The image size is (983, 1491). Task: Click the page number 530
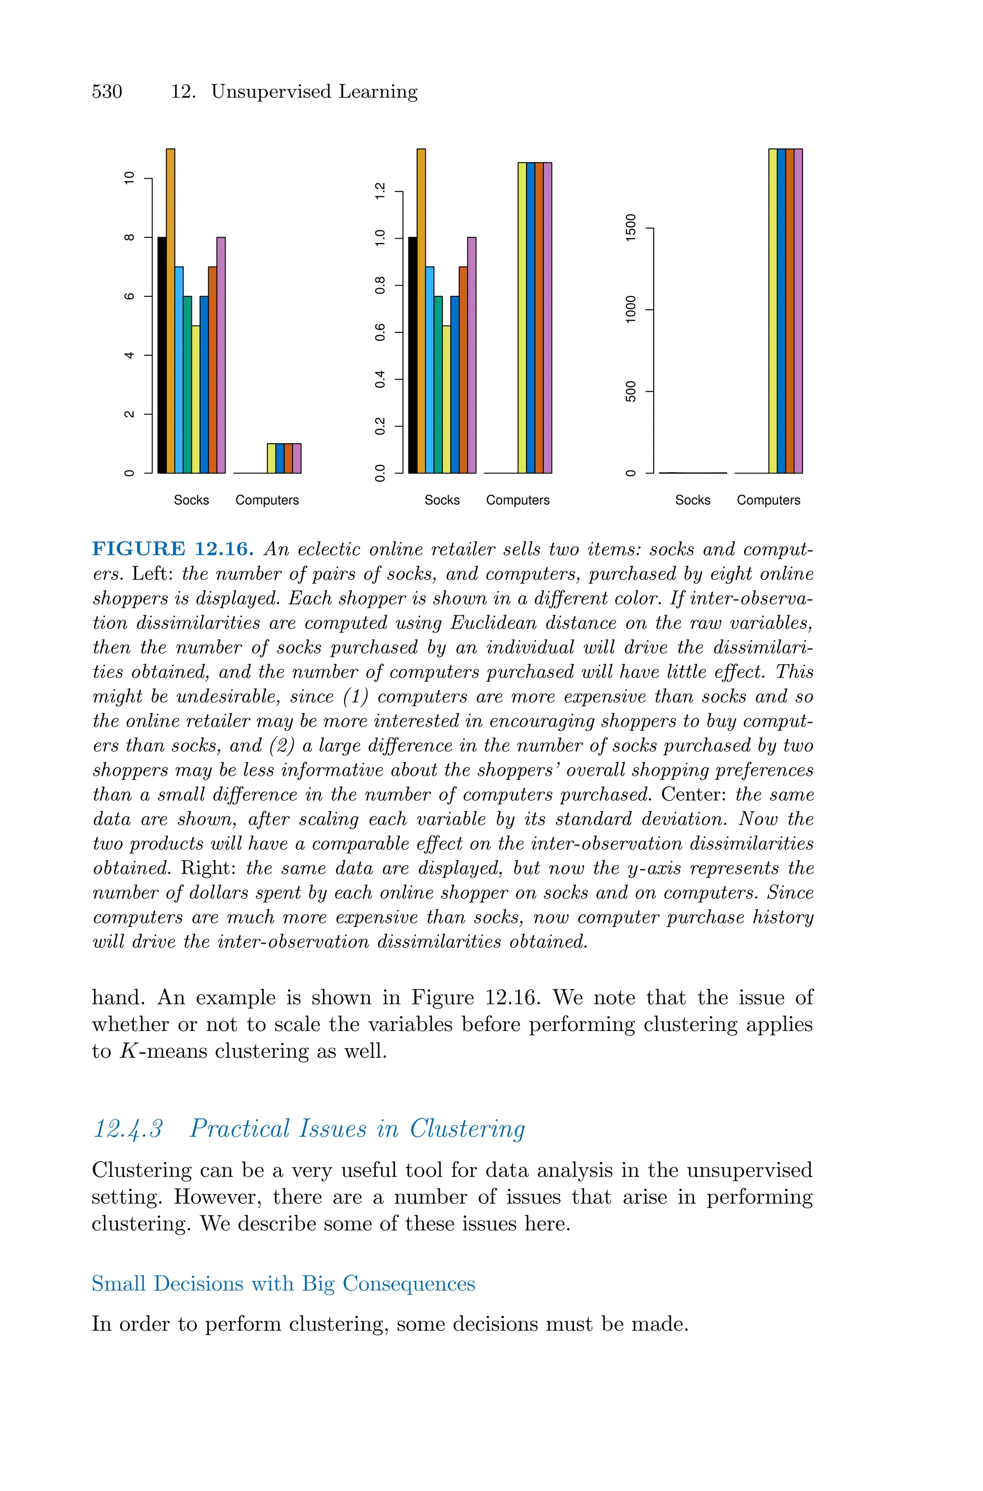point(107,92)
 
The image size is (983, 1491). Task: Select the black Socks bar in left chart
point(162,355)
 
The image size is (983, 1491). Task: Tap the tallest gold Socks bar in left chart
point(170,311)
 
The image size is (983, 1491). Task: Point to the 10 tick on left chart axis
point(130,178)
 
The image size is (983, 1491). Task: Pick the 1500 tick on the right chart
point(631,228)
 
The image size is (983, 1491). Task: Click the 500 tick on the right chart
point(631,391)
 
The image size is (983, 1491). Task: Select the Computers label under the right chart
point(768,500)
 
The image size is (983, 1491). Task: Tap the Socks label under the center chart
point(442,500)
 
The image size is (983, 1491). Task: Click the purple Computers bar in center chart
point(547,317)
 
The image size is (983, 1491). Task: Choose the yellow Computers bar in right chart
point(772,311)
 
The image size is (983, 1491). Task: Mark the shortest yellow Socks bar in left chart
point(196,400)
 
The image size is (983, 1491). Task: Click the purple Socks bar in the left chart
point(221,355)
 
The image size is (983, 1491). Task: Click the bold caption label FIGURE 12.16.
point(173,549)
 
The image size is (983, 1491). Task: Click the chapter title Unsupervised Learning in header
point(314,92)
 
